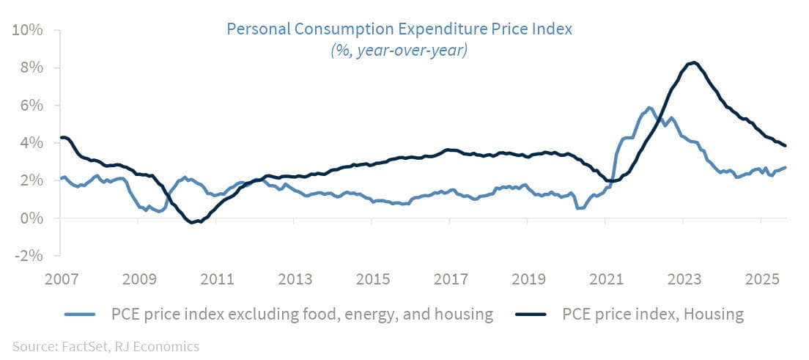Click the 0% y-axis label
click(30, 218)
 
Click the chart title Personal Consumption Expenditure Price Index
click(399, 29)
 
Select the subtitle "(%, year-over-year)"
click(399, 51)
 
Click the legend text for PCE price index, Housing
click(653, 315)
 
